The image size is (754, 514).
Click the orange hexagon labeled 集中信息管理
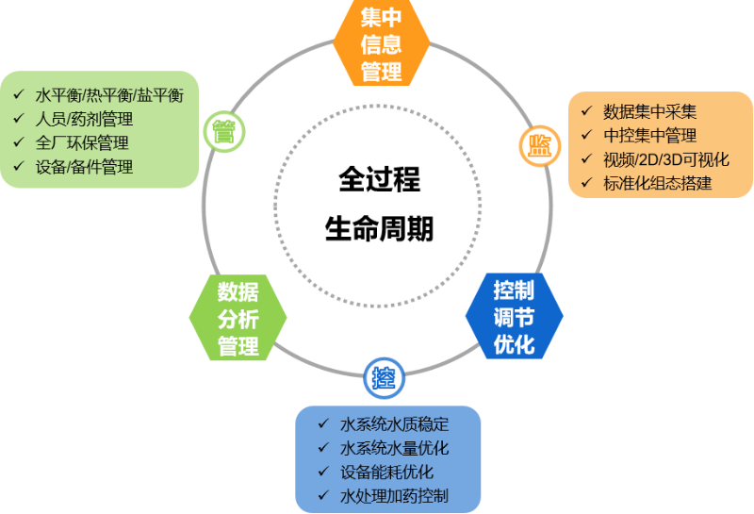(382, 43)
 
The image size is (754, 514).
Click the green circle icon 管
(223, 129)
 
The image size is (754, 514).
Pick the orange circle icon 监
(539, 144)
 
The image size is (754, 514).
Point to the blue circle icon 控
(384, 379)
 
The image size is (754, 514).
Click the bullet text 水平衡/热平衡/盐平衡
(109, 95)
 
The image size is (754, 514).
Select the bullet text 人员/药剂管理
(84, 120)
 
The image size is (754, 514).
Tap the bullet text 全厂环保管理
(82, 143)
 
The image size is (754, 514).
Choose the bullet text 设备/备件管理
(84, 168)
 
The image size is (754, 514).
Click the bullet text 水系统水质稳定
(394, 423)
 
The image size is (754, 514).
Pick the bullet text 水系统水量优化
(394, 448)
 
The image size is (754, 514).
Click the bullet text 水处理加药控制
(394, 496)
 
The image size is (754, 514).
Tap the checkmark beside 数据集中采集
(586, 111)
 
